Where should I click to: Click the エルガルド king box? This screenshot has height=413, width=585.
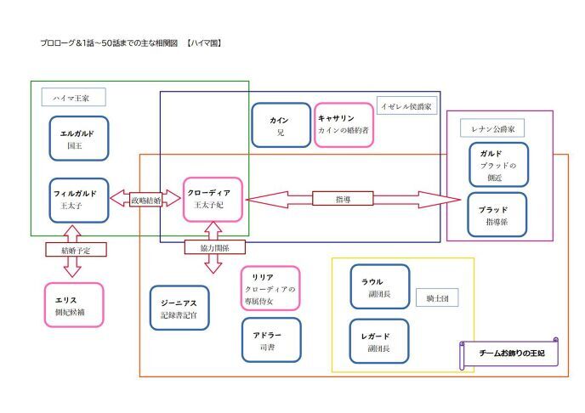pyautogui.click(x=78, y=139)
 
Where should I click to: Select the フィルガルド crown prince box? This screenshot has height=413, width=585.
pyautogui.click(x=79, y=200)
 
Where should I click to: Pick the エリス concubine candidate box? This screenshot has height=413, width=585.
pyautogui.click(x=73, y=304)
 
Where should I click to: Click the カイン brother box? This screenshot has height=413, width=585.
pyautogui.click(x=281, y=126)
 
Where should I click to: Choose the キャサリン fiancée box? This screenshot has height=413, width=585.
pyautogui.click(x=344, y=125)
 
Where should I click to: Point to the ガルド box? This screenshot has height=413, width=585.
pyautogui.click(x=497, y=164)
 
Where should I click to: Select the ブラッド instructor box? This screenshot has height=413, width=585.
pyautogui.click(x=497, y=215)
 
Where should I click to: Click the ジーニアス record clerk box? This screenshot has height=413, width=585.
pyautogui.click(x=179, y=308)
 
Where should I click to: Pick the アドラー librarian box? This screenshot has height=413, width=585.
pyautogui.click(x=271, y=340)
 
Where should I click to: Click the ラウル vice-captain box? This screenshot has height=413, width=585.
pyautogui.click(x=379, y=286)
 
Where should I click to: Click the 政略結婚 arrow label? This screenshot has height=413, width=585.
pyautogui.click(x=145, y=200)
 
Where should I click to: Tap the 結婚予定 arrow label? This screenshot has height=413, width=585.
pyautogui.click(x=73, y=251)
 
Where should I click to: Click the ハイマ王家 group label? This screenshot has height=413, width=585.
pyautogui.click(x=65, y=99)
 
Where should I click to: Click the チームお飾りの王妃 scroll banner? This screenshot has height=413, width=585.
pyautogui.click(x=508, y=353)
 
